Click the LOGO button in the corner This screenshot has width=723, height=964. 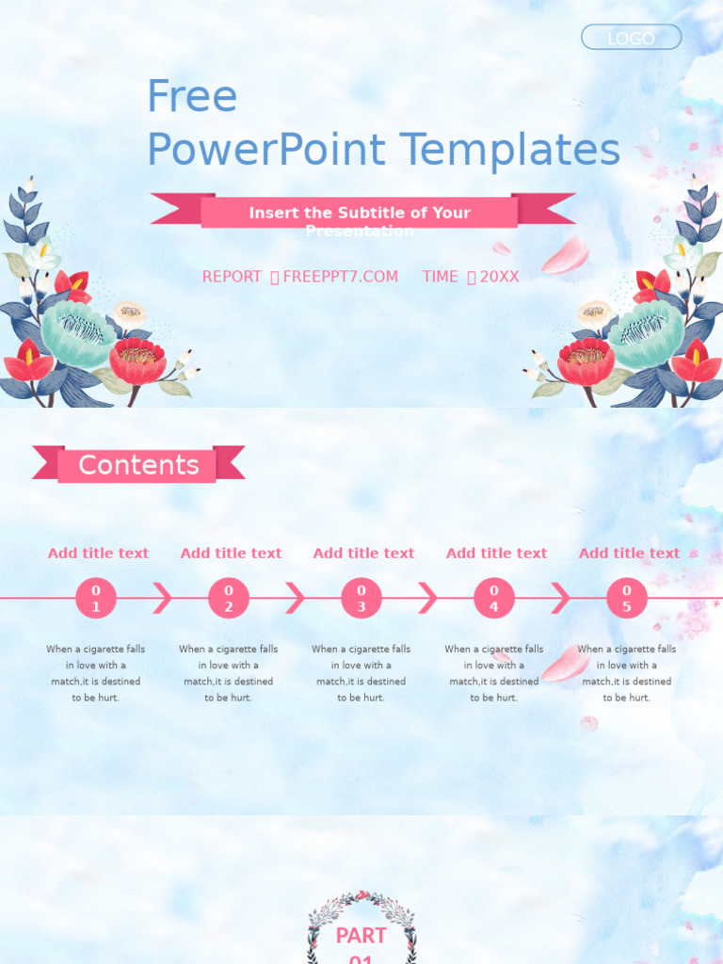(631, 38)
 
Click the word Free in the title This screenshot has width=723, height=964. (192, 96)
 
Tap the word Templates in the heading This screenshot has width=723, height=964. (509, 151)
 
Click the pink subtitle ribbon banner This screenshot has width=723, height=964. (360, 213)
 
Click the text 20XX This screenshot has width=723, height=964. (499, 277)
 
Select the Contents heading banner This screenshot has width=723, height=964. (138, 465)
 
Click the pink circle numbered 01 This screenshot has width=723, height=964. (95, 598)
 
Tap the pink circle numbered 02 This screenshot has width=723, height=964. (228, 598)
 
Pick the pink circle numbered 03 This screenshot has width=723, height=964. (361, 598)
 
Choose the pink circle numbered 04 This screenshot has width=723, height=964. (493, 598)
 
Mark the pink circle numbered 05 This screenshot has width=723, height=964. (626, 598)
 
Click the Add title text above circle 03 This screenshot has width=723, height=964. (363, 554)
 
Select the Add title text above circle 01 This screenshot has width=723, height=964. (98, 554)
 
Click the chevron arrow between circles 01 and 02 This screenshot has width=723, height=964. (163, 598)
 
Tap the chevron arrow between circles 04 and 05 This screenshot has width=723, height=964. (561, 598)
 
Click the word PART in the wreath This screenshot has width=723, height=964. (361, 936)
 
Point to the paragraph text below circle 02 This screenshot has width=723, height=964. (228, 673)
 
